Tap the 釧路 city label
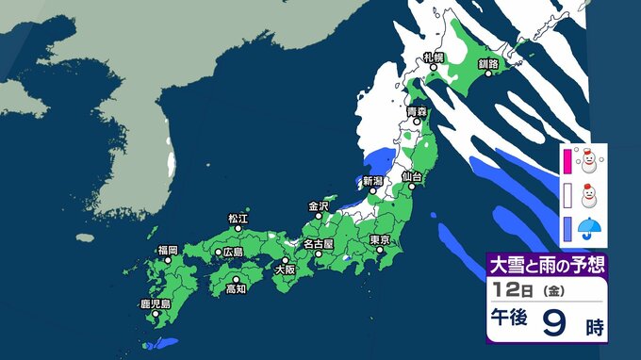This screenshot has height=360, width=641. click(487, 63)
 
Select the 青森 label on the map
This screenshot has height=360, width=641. click(416, 112)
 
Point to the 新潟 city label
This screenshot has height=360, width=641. click(374, 180)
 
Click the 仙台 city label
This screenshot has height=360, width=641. click(409, 176)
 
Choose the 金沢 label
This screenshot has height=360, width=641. click(318, 205)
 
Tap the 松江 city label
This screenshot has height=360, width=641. click(238, 219)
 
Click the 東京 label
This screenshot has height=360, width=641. click(380, 239)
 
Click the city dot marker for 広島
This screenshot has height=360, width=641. click(217, 253)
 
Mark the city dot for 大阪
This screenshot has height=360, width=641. click(285, 260)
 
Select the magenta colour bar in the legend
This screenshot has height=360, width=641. click(567, 161)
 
